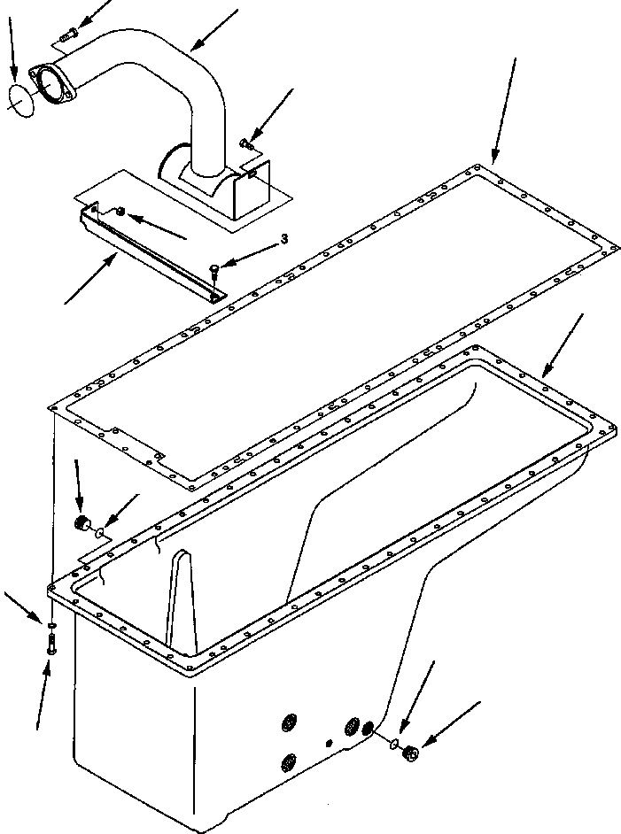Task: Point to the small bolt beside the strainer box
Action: point(247,139)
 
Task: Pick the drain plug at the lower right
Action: point(409,753)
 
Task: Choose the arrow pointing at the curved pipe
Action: point(213,31)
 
